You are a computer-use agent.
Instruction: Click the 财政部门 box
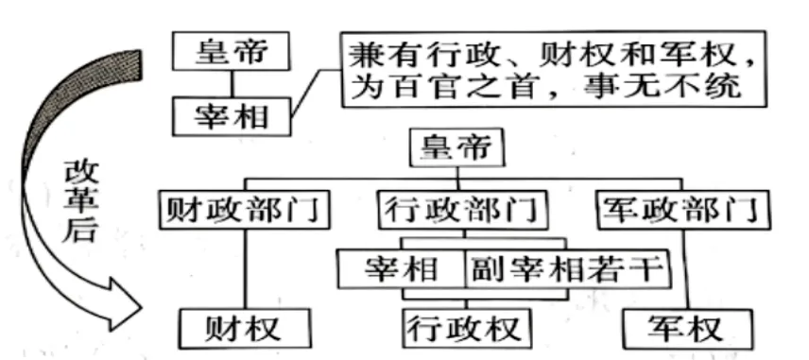(244, 211)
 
